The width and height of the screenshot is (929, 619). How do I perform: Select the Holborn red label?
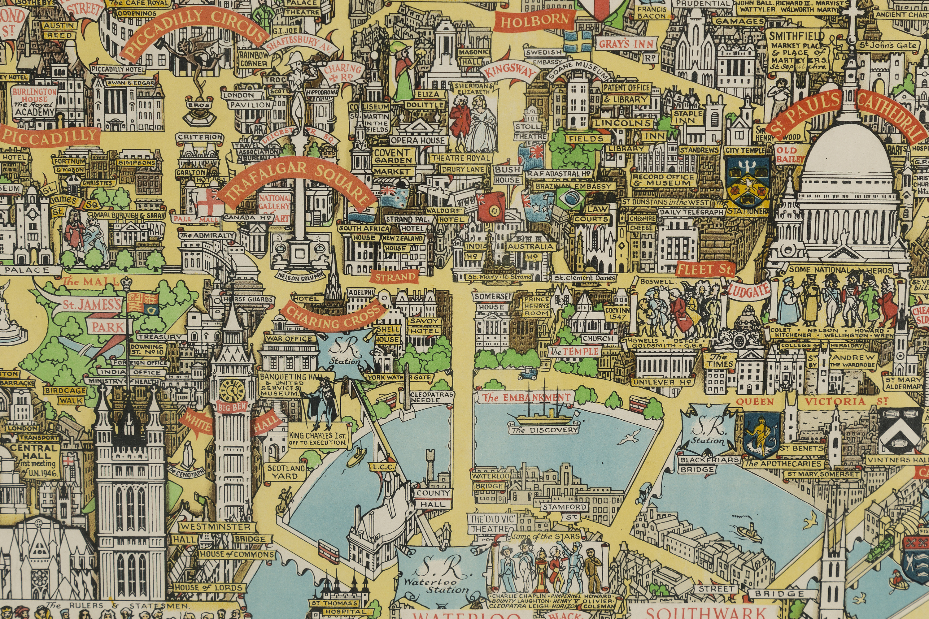(x=535, y=20)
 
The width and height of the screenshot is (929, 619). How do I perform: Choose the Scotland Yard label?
(x=286, y=472)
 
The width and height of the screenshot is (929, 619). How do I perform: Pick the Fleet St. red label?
(x=705, y=269)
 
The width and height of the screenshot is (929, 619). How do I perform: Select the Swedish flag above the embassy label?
(x=578, y=41)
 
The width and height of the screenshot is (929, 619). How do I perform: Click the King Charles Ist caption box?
(x=318, y=439)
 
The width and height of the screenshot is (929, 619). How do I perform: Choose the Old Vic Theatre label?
(x=493, y=523)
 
